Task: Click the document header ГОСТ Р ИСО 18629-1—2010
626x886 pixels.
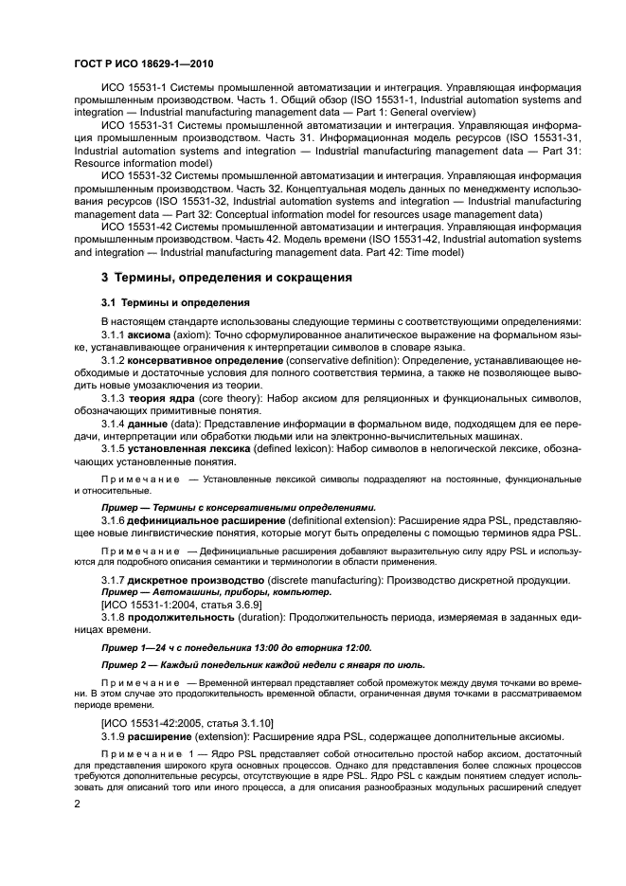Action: tap(144, 64)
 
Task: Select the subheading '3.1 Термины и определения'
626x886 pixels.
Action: tap(175, 302)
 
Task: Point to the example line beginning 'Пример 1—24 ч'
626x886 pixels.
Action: tap(236, 647)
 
